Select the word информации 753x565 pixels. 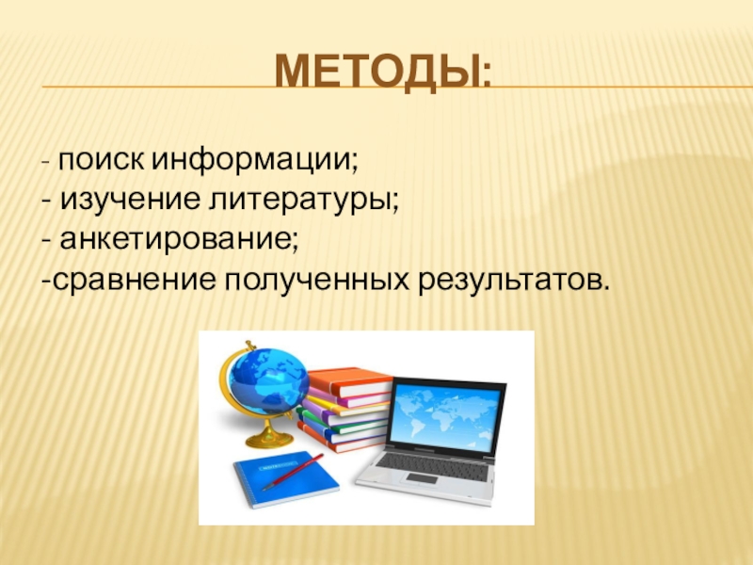[x=253, y=161]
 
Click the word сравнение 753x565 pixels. [x=134, y=281]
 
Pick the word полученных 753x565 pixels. [x=317, y=281]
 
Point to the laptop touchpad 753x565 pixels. [x=422, y=478]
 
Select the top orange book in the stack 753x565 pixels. [x=349, y=379]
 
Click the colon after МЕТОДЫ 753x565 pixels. [x=486, y=76]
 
